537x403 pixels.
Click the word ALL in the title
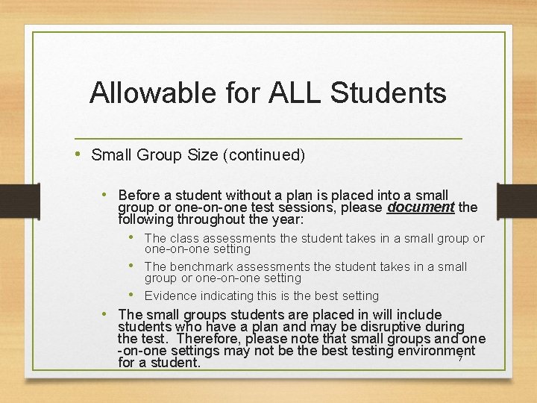[289, 93]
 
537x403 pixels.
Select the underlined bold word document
[421, 207]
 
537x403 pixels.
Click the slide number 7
[460, 359]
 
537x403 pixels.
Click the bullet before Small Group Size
[80, 154]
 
